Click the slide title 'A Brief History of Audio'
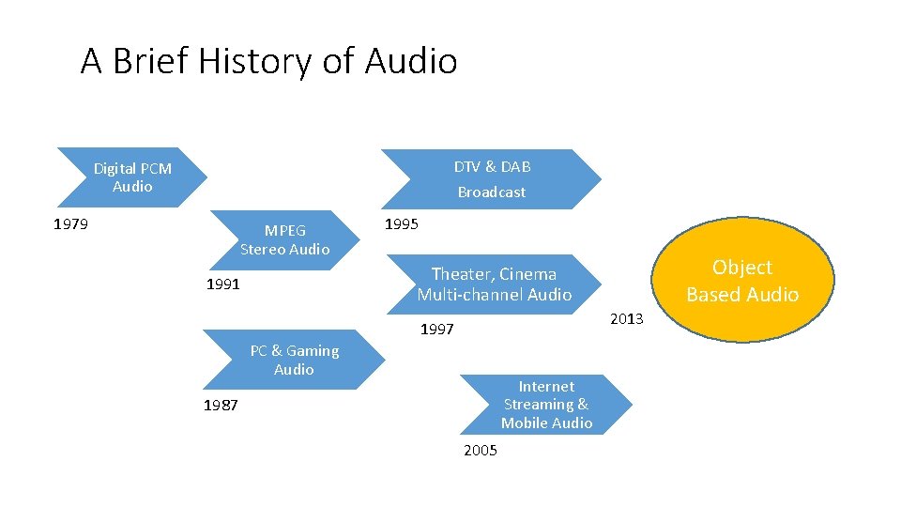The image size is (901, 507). pos(268,62)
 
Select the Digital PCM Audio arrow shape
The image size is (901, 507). pos(131,177)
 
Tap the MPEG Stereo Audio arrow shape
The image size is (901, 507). pos(284,239)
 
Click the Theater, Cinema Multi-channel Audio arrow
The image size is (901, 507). pos(494,284)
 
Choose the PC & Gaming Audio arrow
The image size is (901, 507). pos(294,360)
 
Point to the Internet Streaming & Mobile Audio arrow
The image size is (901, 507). pos(546,405)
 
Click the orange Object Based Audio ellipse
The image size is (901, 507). pos(741,281)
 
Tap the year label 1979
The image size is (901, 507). pos(70,224)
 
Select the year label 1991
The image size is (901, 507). pos(222,284)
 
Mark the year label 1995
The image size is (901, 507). pos(402,224)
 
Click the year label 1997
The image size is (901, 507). pos(436,330)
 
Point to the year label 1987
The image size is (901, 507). pos(221,406)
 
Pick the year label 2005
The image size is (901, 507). pos(481,451)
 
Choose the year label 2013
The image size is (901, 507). pos(627,319)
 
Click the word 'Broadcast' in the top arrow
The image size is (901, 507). pos(492,192)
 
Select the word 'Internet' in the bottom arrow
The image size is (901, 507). pos(546,386)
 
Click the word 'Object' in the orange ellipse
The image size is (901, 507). pos(741,268)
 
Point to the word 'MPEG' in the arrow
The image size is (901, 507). pos(284,230)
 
